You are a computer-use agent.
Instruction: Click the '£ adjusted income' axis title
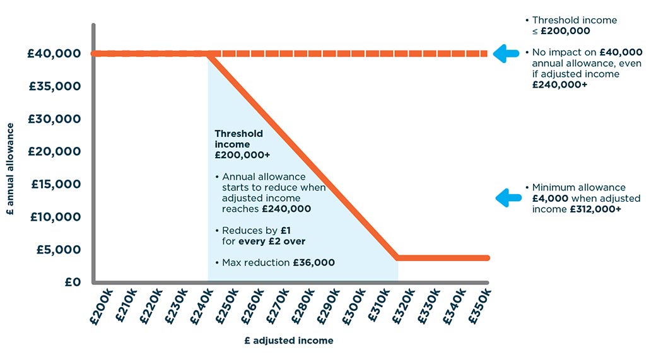pos(288,340)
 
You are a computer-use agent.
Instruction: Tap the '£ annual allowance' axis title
pos(11,178)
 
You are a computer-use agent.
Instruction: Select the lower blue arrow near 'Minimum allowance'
pos(506,198)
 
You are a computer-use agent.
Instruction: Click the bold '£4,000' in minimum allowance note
pos(546,199)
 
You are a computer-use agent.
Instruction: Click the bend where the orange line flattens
pos(397,257)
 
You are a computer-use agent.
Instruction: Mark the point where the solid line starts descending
pos(209,54)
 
